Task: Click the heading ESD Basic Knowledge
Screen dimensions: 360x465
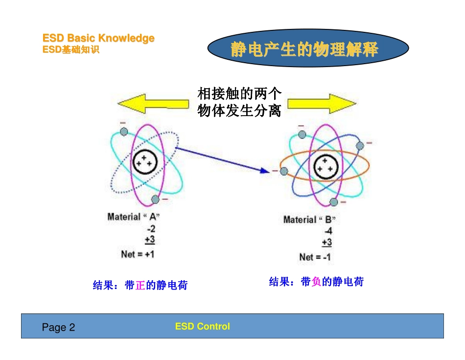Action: tap(98, 38)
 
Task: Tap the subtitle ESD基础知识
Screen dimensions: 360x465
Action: tap(71, 49)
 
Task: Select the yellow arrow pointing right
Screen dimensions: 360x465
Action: tap(321, 103)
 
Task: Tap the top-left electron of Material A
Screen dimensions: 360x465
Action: tap(124, 131)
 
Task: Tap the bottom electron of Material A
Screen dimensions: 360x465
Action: tap(156, 199)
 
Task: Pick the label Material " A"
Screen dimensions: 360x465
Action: tap(134, 216)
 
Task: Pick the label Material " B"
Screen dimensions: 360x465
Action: tap(309, 219)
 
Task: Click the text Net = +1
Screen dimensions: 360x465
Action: tap(138, 254)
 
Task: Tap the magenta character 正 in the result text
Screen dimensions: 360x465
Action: tap(140, 285)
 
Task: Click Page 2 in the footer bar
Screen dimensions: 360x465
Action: tap(59, 327)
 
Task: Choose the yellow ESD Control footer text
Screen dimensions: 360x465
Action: tap(202, 326)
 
